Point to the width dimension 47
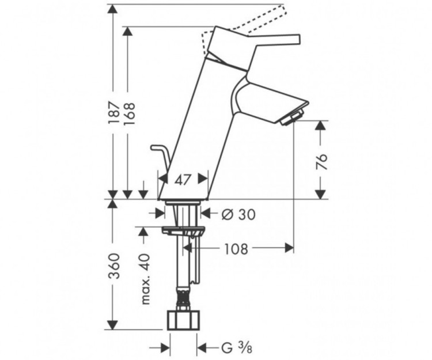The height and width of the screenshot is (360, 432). (x=183, y=180)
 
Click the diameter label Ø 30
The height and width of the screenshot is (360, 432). (x=238, y=214)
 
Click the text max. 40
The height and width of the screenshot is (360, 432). (x=145, y=279)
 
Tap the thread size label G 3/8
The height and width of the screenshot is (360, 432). (x=236, y=348)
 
